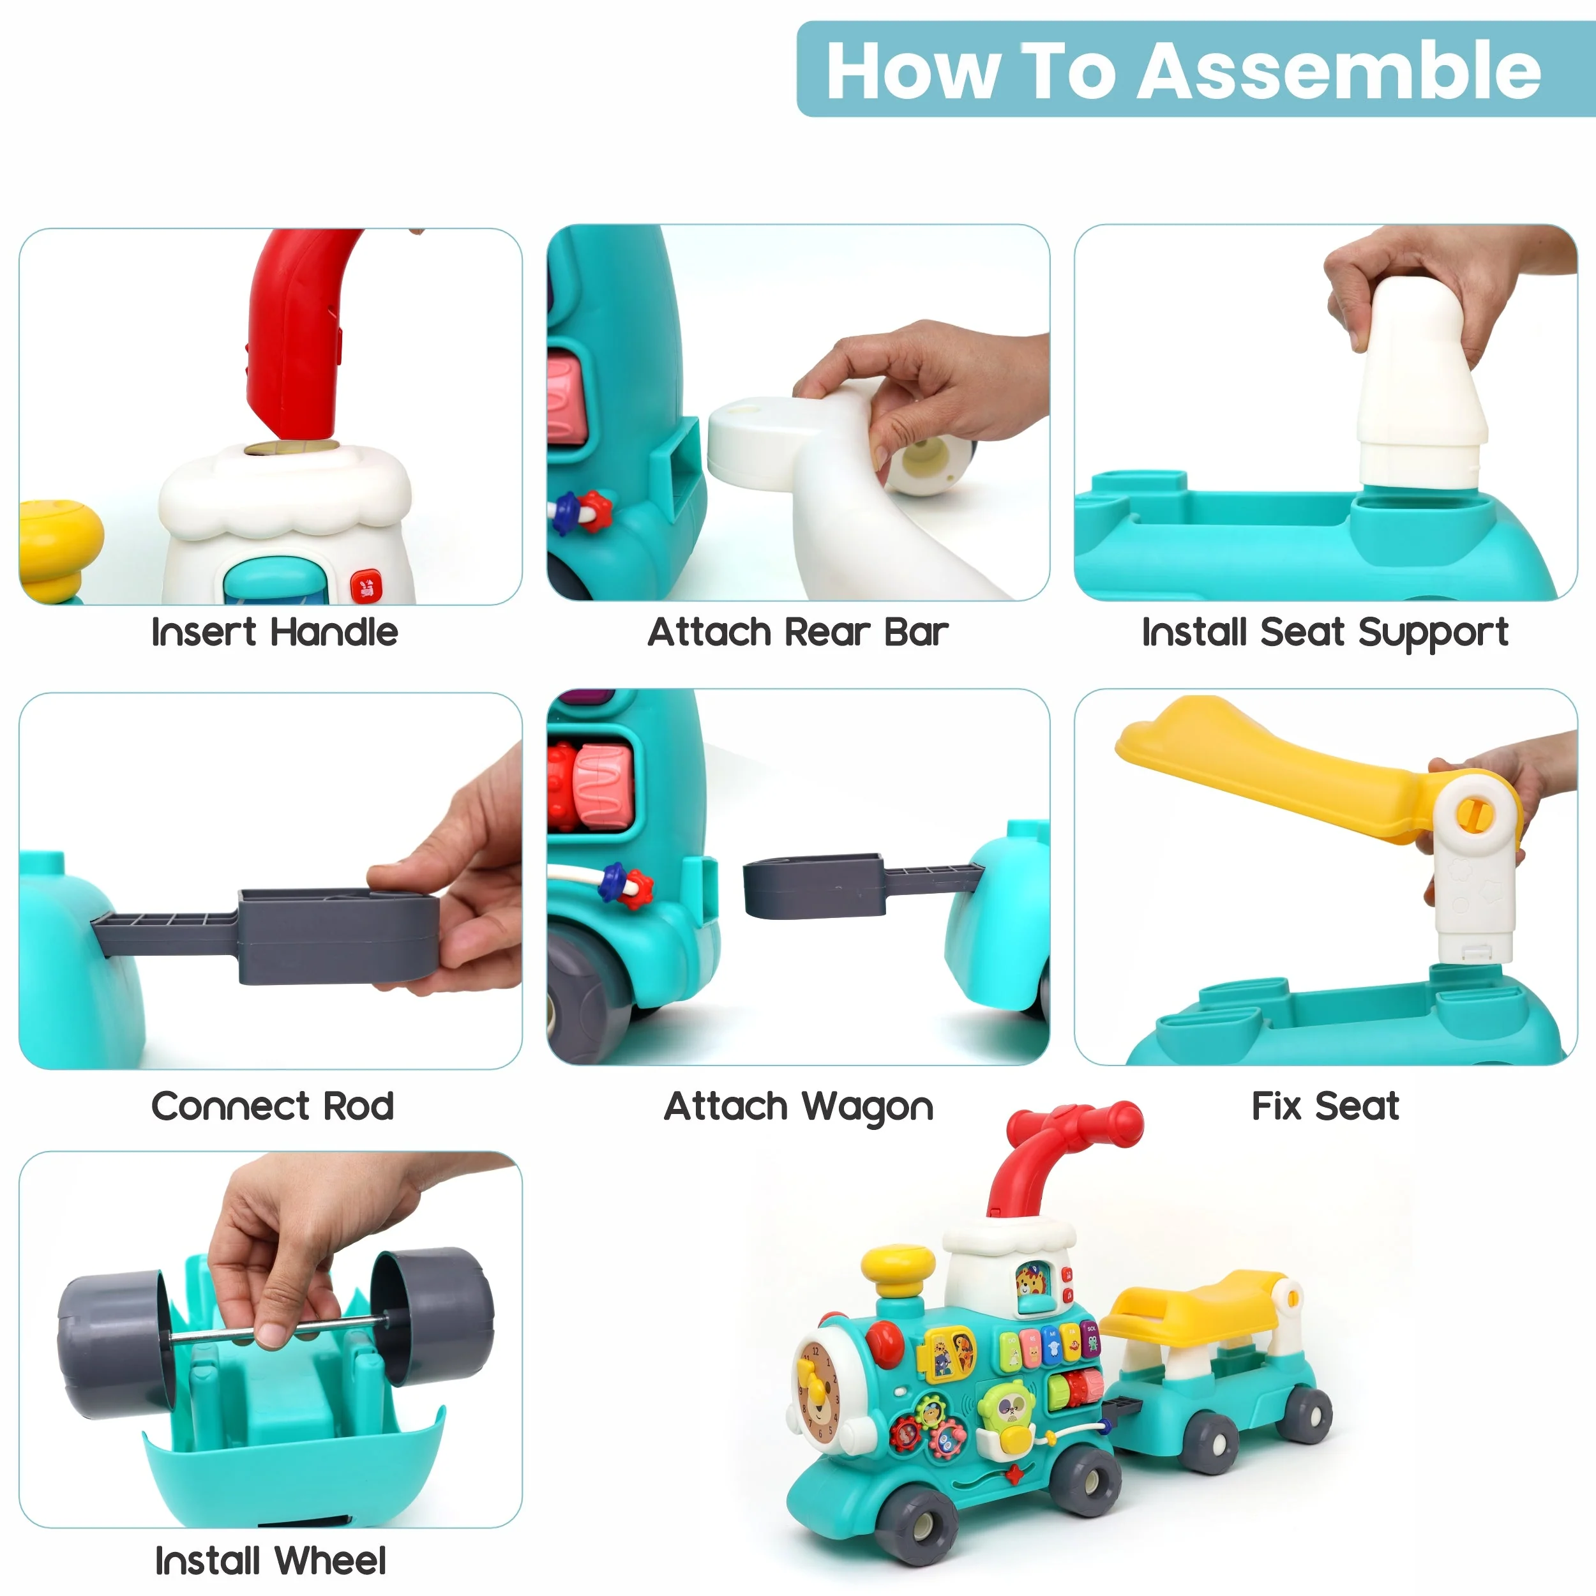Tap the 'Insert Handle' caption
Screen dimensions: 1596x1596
coord(275,633)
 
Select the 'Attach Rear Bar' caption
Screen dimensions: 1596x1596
coord(798,633)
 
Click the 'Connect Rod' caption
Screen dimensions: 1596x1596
coord(273,1106)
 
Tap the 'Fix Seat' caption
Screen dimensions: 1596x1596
coord(1325,1106)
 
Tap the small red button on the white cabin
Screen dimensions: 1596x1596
coord(365,587)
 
